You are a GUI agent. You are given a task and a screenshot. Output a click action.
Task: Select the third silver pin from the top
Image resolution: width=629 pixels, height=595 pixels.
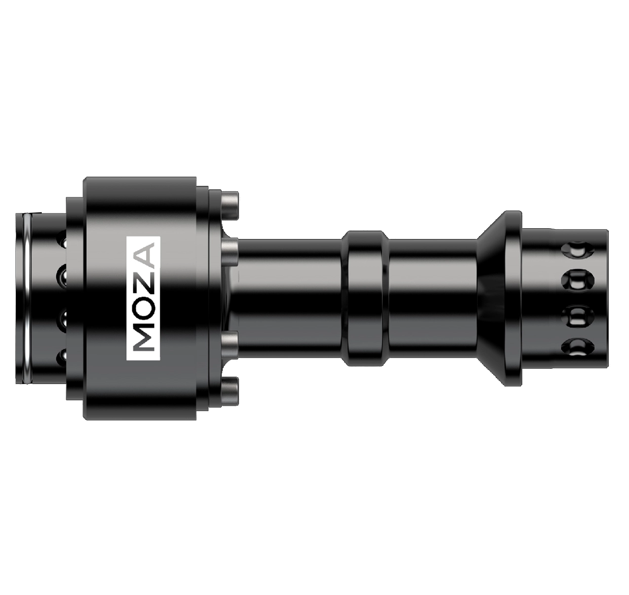click(230, 346)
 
